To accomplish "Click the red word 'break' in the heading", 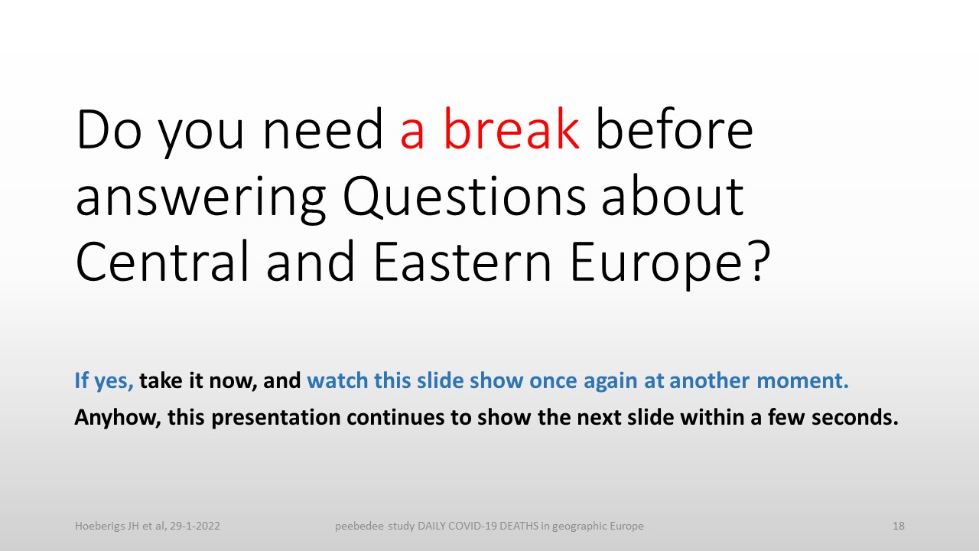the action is (512, 129).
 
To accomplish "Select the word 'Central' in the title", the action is (162, 261).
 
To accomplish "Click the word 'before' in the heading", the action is (675, 129).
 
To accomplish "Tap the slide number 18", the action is (899, 526).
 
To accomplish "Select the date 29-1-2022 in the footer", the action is (195, 526).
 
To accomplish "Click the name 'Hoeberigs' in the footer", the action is (100, 526).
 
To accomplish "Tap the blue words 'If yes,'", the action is (104, 381).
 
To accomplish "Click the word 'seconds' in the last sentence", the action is (855, 417).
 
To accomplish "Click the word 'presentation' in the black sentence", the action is (276, 418).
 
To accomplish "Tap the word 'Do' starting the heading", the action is (109, 130).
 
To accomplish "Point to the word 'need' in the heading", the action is (323, 129).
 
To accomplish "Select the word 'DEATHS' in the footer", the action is (519, 526).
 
